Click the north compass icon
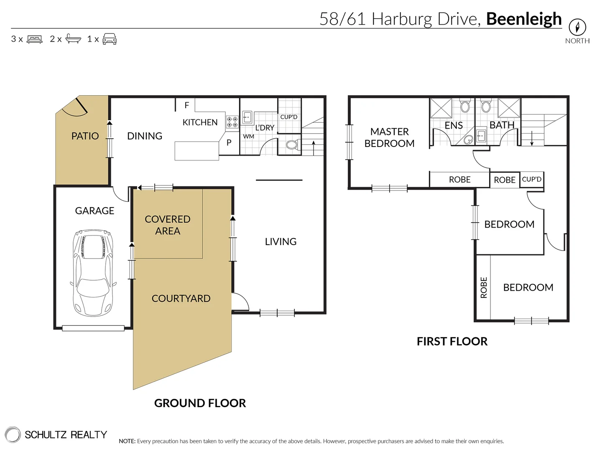tap(577, 27)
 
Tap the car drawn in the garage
tap(93, 273)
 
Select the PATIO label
tap(85, 136)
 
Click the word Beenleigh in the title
tap(524, 19)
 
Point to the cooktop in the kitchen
tap(232, 122)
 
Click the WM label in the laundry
tap(249, 137)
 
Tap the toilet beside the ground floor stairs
tap(291, 145)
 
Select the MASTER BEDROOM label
tap(389, 137)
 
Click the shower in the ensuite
tap(441, 109)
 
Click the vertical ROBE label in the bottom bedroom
tap(484, 287)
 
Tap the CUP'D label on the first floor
tap(531, 179)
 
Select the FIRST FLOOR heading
tap(452, 342)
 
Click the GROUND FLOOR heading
tap(200, 403)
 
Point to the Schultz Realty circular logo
tap(13, 434)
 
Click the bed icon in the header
tap(35, 39)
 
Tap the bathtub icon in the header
tap(73, 39)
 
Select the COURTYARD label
tap(181, 299)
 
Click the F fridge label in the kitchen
tap(186, 105)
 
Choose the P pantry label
tap(229, 142)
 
